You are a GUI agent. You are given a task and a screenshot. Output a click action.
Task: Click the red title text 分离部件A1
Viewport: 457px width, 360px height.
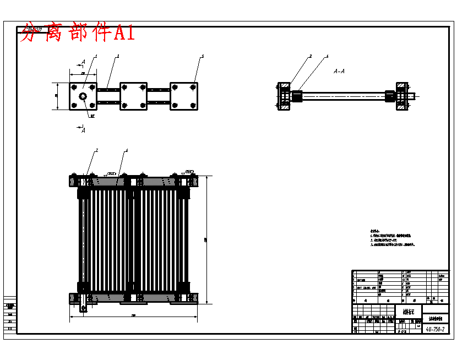[x=77, y=34]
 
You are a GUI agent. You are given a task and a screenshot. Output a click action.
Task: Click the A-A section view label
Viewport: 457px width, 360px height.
[x=339, y=71]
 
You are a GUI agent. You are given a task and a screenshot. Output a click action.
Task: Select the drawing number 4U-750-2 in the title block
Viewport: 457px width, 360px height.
[x=435, y=329]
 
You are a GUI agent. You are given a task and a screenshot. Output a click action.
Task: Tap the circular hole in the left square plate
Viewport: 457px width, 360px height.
[x=83, y=97]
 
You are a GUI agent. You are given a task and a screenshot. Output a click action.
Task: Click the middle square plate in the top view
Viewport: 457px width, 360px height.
[x=133, y=96]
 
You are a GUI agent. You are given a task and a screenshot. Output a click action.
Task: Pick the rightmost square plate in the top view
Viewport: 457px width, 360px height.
[x=184, y=96]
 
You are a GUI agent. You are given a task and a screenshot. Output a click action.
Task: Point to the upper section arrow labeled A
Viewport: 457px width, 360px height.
[x=81, y=63]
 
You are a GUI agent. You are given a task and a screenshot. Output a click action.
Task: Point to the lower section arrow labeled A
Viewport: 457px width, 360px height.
[x=81, y=130]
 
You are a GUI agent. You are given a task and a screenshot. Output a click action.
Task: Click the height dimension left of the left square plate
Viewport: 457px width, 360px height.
[x=57, y=96]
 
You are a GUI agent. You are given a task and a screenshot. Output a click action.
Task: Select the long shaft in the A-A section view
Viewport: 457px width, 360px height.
[x=341, y=96]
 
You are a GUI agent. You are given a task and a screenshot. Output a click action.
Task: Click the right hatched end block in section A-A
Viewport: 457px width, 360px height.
[x=402, y=96]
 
